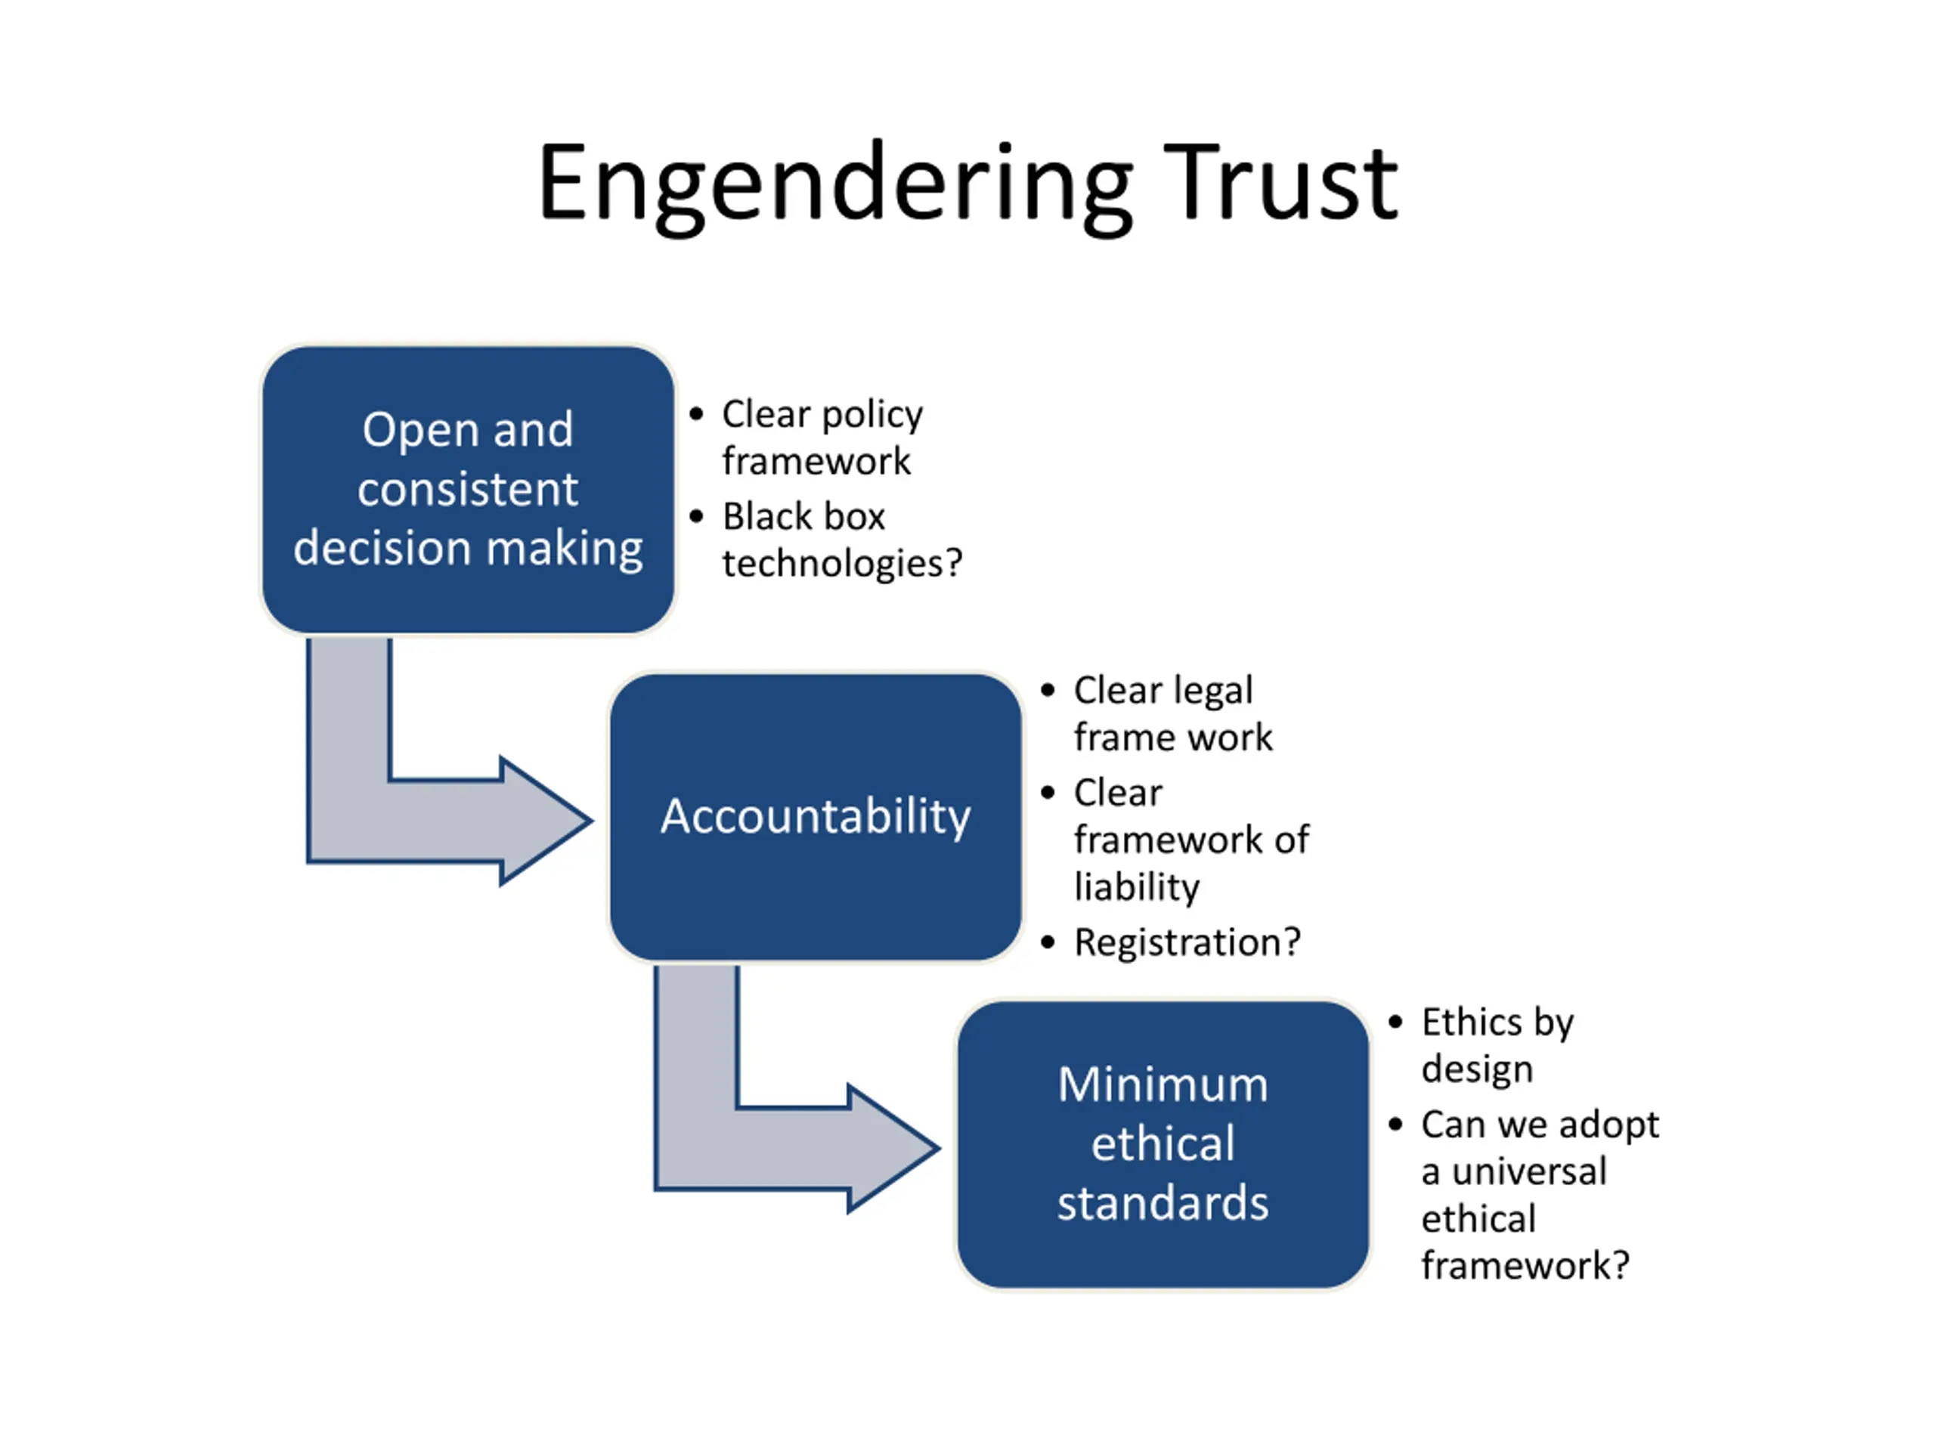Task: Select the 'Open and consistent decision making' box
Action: click(468, 490)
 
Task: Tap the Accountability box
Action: click(816, 817)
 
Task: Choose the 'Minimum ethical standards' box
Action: click(1163, 1145)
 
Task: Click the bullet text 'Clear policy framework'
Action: click(822, 438)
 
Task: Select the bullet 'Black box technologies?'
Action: click(841, 540)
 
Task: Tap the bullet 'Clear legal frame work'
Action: click(1173, 713)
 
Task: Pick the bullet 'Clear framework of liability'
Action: click(1191, 840)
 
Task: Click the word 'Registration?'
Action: click(1187, 943)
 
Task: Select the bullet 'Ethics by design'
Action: click(1497, 1045)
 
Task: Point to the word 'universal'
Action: click(1529, 1172)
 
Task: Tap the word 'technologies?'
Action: click(841, 563)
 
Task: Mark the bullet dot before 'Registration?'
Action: click(1048, 943)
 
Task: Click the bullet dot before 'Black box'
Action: click(696, 516)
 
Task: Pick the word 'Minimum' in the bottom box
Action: click(1163, 1085)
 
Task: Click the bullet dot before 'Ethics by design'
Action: click(1395, 1022)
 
